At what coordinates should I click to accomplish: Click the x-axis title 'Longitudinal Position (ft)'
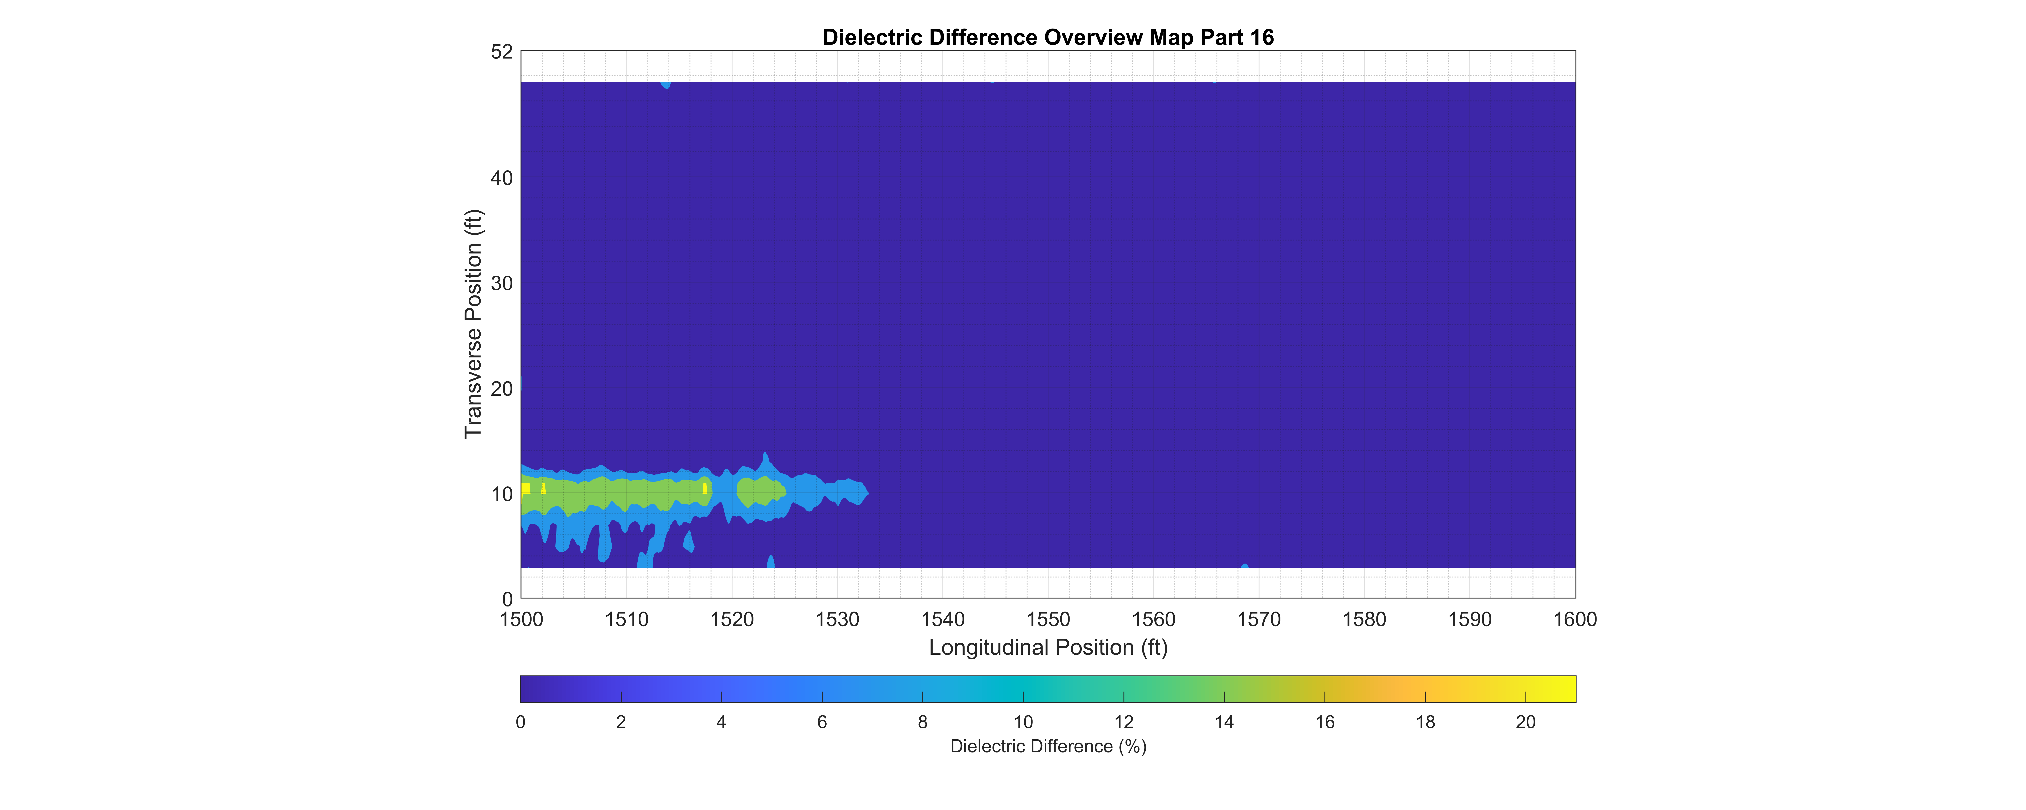coord(1048,647)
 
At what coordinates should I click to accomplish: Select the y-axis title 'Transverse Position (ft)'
coord(473,324)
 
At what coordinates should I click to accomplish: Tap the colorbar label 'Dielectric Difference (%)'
coord(1048,746)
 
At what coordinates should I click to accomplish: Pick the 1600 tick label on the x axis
coord(1575,620)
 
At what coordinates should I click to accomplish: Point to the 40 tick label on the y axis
coord(502,179)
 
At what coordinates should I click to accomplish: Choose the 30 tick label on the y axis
coord(502,284)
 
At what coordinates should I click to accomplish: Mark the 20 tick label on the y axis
coord(502,389)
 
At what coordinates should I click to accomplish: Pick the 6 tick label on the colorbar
coord(822,722)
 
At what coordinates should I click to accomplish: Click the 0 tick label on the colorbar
coord(521,722)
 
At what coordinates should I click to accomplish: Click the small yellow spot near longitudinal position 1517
coord(705,488)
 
